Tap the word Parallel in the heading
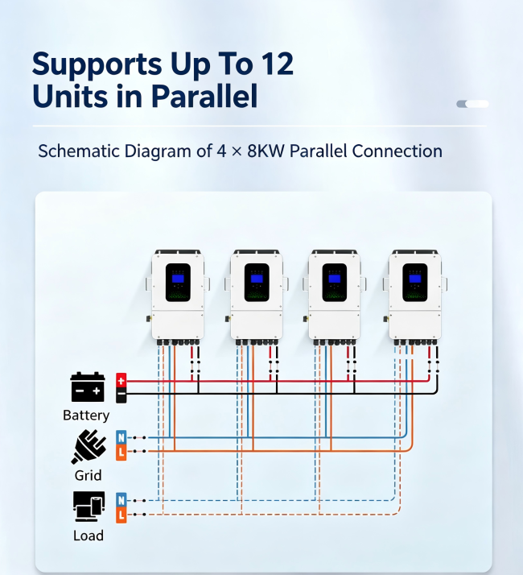click(204, 96)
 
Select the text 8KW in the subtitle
click(266, 151)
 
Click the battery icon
click(88, 387)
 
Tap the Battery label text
click(86, 416)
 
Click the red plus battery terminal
click(121, 380)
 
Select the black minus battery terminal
click(121, 395)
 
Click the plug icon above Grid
click(89, 447)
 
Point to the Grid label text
click(88, 476)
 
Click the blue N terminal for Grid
click(121, 437)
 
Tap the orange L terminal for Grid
click(121, 453)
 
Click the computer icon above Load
click(89, 507)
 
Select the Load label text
click(89, 536)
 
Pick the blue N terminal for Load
click(121, 500)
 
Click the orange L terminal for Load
click(121, 515)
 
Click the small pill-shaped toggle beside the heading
click(472, 104)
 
